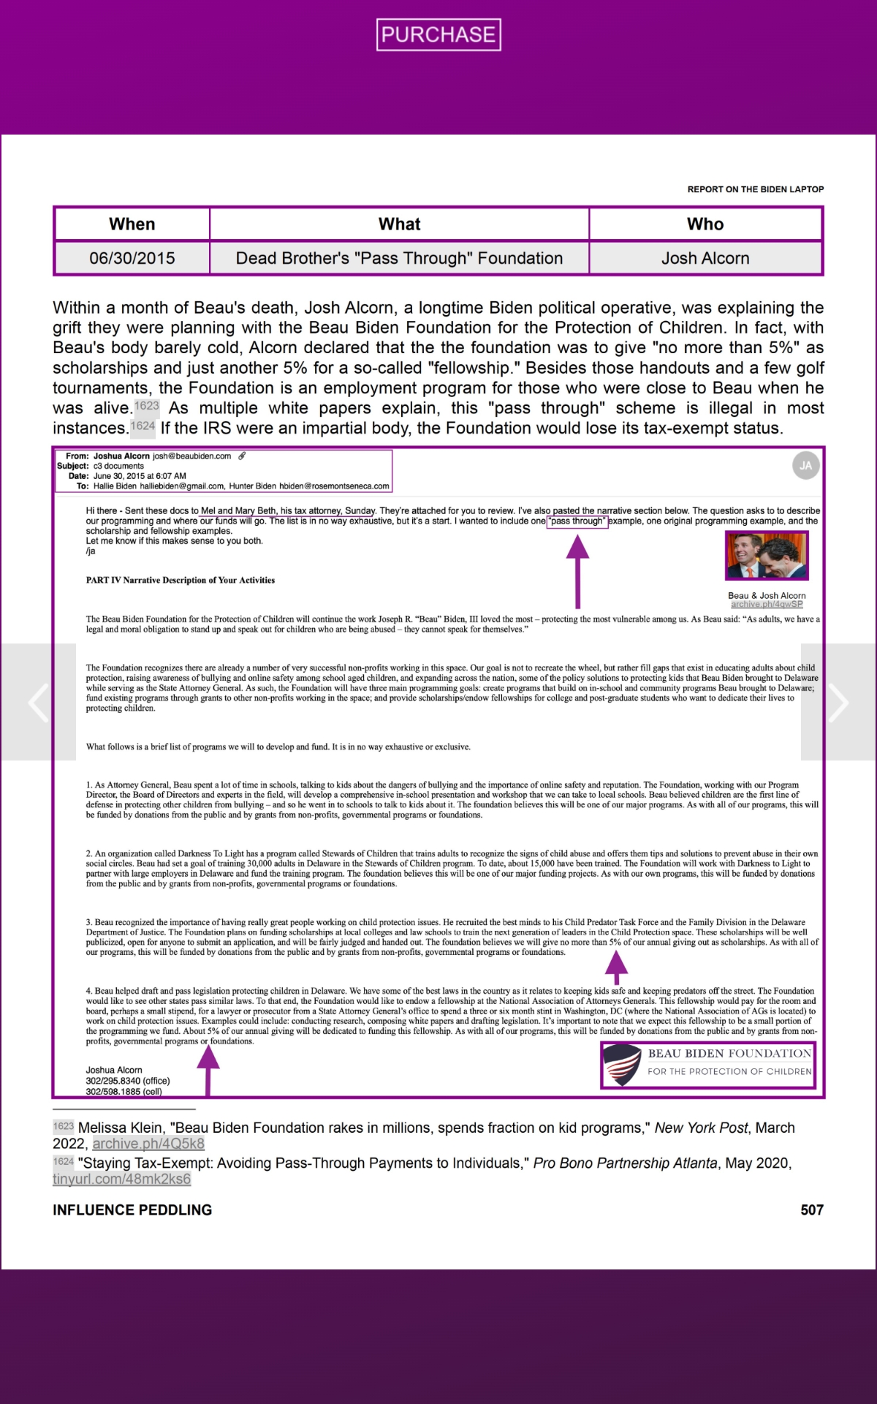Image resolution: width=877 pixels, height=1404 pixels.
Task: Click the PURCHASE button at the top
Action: [x=438, y=34]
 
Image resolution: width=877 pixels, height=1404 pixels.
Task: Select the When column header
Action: [x=132, y=224]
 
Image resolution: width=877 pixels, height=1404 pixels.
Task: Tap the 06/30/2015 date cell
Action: [x=132, y=258]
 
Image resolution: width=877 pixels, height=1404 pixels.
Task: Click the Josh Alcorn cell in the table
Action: [x=705, y=258]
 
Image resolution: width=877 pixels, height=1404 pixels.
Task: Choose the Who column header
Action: [x=705, y=224]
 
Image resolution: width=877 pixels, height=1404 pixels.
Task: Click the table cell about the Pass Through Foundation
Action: [x=399, y=258]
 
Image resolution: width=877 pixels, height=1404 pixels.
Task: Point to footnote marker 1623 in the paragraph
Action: [x=147, y=406]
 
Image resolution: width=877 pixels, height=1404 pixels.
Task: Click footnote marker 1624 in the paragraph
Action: [x=143, y=426]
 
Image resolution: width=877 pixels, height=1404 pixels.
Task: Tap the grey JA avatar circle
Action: [x=805, y=466]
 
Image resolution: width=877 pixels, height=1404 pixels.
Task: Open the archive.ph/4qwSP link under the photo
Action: [x=767, y=604]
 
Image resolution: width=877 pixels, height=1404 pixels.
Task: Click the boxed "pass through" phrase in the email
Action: [x=577, y=521]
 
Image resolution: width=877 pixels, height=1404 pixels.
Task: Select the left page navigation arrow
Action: [x=38, y=702]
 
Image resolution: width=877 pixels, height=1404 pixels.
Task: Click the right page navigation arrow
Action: [x=838, y=702]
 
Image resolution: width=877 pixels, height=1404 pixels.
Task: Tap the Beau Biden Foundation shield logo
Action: [x=622, y=1064]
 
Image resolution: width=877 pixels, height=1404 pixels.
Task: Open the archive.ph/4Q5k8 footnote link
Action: [x=148, y=1144]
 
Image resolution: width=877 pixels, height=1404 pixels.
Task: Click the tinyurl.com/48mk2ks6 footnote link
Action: [x=121, y=1179]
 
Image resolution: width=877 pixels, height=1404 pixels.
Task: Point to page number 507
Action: [x=811, y=1210]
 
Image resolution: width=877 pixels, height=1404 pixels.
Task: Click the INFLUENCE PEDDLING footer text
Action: [x=132, y=1210]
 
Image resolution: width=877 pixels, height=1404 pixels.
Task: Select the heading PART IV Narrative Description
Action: [x=181, y=581]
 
